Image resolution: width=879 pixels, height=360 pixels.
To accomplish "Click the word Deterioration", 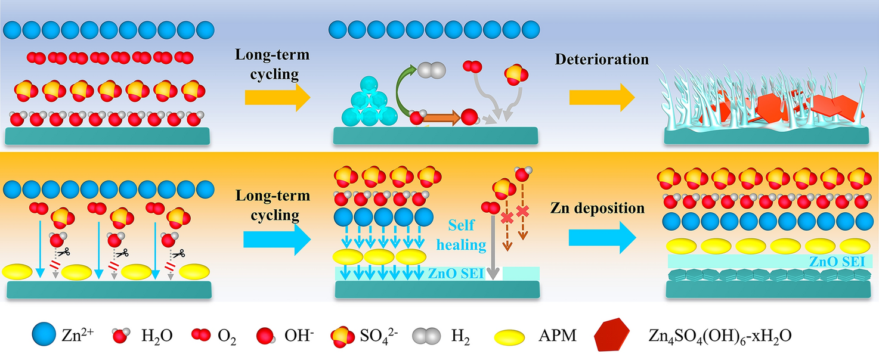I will point(602,60).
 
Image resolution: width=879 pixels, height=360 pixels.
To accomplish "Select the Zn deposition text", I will point(598,209).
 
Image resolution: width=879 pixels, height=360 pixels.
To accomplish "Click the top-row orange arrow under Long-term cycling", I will point(278,97).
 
